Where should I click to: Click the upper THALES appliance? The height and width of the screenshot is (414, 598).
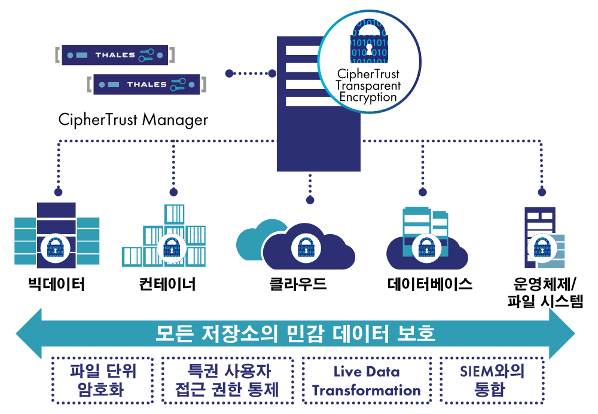click(x=114, y=55)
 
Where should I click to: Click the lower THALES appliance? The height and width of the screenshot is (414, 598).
click(x=147, y=84)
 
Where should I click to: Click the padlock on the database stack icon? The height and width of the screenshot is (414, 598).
click(x=55, y=248)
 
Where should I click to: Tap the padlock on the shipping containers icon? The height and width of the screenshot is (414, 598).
click(x=171, y=248)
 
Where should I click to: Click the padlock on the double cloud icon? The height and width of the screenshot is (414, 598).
click(x=306, y=248)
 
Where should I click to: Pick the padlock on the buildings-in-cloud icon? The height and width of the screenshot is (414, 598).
click(x=426, y=248)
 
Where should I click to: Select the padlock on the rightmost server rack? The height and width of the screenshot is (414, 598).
click(x=542, y=247)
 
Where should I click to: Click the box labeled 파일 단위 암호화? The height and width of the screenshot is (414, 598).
click(x=102, y=381)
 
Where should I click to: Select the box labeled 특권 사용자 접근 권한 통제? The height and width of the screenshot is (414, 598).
click(x=227, y=381)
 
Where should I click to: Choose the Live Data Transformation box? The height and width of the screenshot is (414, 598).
click(x=367, y=381)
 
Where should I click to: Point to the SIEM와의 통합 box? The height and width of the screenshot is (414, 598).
click(x=492, y=381)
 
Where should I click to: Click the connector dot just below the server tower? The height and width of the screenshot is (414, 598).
click(x=310, y=199)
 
